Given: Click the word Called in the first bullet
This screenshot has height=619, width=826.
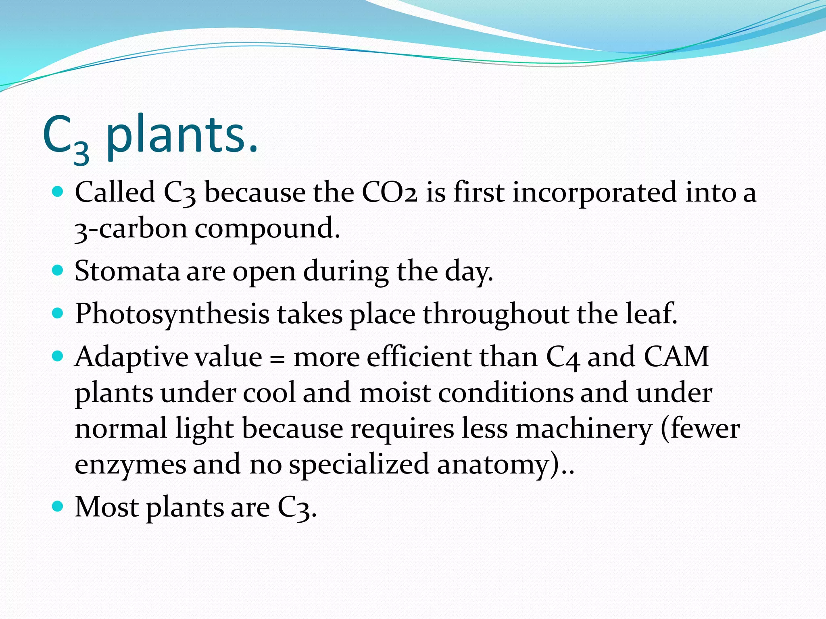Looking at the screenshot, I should pyautogui.click(x=115, y=192).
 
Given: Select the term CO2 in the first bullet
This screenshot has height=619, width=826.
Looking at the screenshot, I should pyautogui.click(x=389, y=192).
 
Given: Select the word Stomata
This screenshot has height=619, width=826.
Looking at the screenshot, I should pyautogui.click(x=127, y=271).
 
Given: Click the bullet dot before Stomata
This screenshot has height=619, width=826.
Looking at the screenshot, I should pyautogui.click(x=58, y=270).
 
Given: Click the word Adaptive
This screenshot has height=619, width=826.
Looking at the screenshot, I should pyautogui.click(x=131, y=357).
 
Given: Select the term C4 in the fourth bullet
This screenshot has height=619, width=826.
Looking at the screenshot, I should pyautogui.click(x=563, y=357).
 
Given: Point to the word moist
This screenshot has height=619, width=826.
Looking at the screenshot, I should pyautogui.click(x=394, y=393).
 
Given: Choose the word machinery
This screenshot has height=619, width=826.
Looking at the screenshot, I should pyautogui.click(x=584, y=429).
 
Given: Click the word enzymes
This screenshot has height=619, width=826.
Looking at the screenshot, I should pyautogui.click(x=130, y=465).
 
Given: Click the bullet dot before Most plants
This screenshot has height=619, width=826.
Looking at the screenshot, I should pyautogui.click(x=58, y=506).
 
